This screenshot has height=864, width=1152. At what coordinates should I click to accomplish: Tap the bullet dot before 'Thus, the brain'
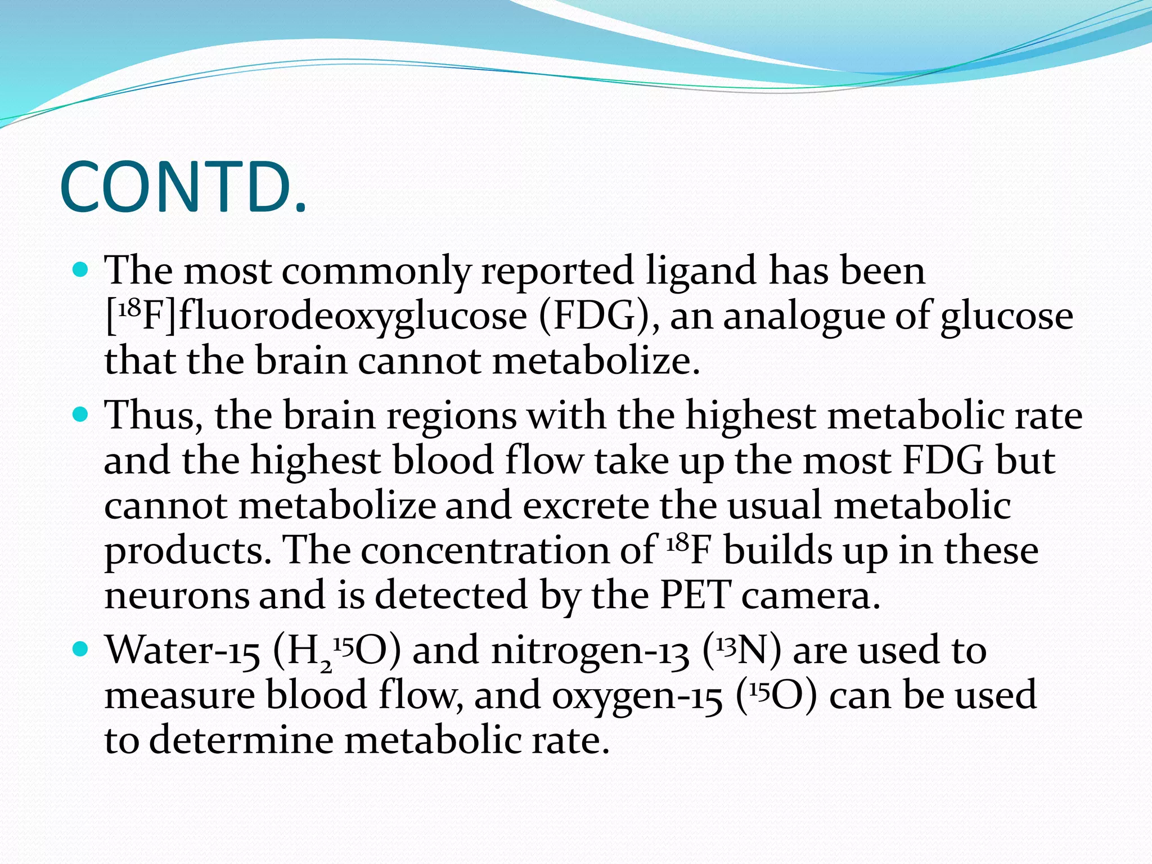click(x=82, y=416)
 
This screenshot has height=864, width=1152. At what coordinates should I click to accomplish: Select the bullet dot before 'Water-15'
click(x=82, y=650)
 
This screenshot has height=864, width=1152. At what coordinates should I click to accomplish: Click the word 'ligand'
click(x=700, y=271)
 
